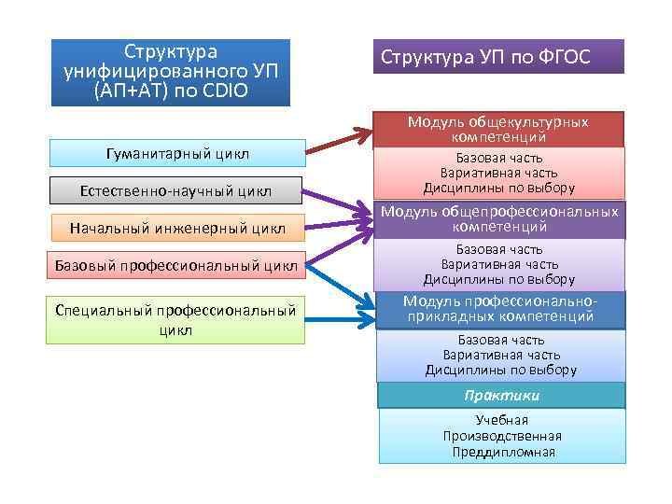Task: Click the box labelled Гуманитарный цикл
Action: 175,153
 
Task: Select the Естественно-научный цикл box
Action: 175,190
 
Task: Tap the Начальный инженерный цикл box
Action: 175,228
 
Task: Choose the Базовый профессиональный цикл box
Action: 175,266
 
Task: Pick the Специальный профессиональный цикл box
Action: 175,318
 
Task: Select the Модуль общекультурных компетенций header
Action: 498,130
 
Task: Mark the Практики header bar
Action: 501,396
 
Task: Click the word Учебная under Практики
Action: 501,420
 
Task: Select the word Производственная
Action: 501,436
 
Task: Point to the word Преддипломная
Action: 501,453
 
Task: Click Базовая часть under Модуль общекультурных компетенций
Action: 499,158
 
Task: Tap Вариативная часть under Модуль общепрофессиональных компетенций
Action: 499,264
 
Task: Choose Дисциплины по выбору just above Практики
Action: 501,370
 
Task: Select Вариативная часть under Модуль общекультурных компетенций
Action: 499,173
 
